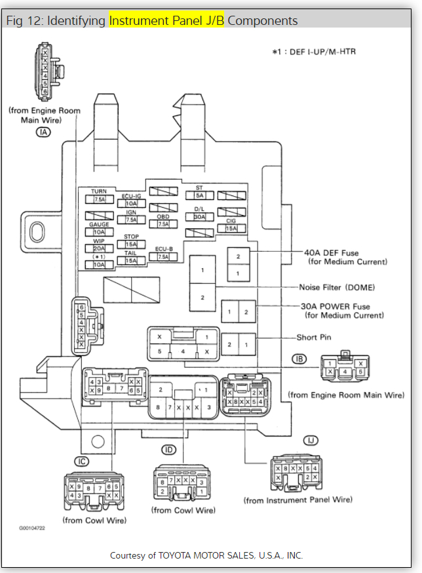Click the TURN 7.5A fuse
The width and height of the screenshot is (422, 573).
100,199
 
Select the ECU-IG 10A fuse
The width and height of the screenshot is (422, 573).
131,203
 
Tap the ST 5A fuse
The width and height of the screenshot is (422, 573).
199,195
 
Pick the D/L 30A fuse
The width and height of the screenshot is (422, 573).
199,216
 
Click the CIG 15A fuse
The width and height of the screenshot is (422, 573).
231,228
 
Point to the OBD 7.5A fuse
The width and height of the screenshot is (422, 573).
163,224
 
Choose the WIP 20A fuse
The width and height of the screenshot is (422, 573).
100,248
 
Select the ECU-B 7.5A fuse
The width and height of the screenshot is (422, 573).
163,256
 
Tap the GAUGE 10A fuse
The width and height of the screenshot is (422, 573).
100,231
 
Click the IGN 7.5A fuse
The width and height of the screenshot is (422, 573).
131,220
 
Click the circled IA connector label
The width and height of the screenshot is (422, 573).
44,132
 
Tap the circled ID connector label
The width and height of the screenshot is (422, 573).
170,450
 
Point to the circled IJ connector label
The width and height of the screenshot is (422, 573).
309,440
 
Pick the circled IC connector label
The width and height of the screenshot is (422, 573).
81,462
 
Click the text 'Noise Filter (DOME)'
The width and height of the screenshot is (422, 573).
336,287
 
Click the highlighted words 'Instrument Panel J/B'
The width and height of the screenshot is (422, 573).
166,20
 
